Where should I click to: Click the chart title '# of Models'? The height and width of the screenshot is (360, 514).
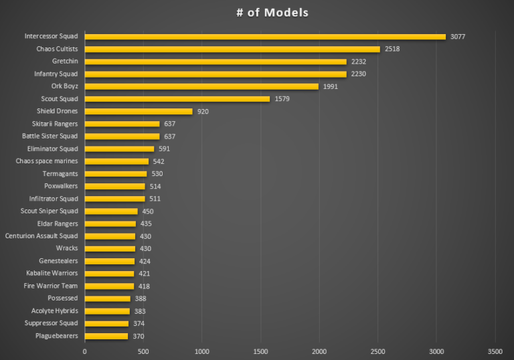[272, 13]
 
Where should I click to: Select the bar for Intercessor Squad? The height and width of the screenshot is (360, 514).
[265, 37]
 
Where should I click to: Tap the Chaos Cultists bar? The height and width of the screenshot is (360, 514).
[232, 49]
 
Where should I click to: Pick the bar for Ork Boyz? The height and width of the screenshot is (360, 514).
[201, 86]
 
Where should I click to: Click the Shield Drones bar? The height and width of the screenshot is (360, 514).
[139, 111]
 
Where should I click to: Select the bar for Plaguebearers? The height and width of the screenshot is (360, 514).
[106, 336]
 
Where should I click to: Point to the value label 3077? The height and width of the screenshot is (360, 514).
[459, 37]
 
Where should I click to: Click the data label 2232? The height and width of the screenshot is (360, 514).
[359, 62]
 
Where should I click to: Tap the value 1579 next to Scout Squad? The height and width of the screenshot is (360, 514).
[282, 99]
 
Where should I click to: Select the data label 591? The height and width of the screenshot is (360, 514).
[165, 149]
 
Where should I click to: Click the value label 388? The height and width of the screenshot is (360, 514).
[141, 298]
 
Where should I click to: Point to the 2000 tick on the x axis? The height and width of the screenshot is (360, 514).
[319, 351]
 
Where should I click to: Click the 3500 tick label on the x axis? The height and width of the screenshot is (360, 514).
[495, 351]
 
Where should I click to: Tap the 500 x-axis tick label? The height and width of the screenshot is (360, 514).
[143, 351]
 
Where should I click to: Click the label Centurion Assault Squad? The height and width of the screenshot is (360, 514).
[41, 236]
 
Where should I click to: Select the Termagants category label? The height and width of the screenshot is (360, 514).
[60, 173]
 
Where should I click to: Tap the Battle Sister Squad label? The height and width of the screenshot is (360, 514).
[50, 136]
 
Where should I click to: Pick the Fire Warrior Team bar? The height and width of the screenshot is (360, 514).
[109, 286]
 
